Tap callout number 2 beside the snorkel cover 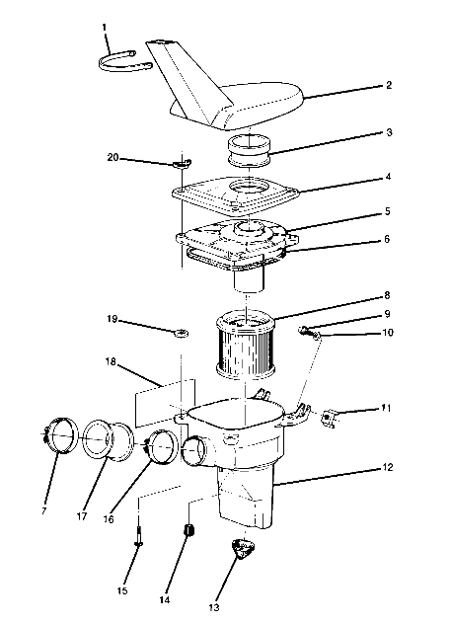[x=389, y=86]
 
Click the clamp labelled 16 [x=159, y=447]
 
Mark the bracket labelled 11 [x=330, y=420]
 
